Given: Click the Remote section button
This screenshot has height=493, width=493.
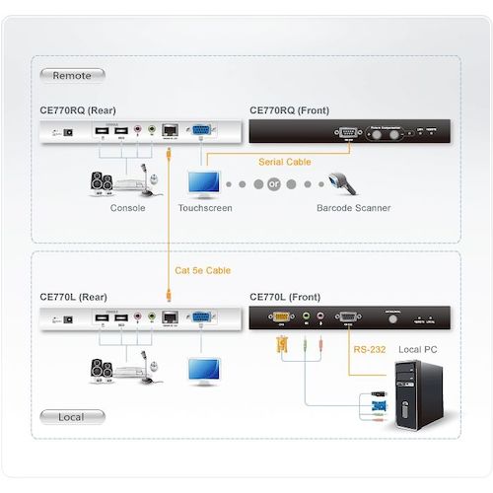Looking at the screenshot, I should [72, 74].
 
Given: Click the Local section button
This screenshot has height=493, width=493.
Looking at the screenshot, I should [72, 417].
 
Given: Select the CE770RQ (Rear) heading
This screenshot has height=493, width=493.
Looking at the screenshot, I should [81, 110].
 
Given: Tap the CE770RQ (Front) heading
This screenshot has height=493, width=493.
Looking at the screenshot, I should [292, 110].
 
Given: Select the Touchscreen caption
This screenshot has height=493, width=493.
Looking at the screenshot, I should [204, 208].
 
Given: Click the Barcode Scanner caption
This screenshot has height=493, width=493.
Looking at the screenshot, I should [353, 208].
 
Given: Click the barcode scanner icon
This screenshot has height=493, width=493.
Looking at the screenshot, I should [344, 184].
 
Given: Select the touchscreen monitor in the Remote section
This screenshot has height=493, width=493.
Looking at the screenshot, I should [204, 183].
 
